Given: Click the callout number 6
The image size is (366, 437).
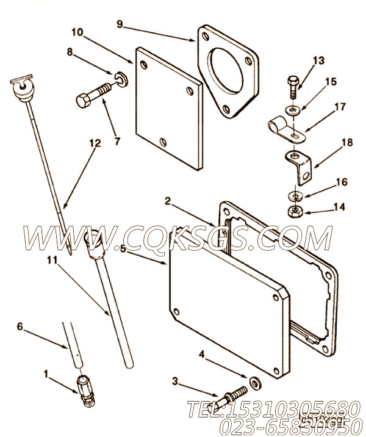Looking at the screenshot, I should point(20,327).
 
